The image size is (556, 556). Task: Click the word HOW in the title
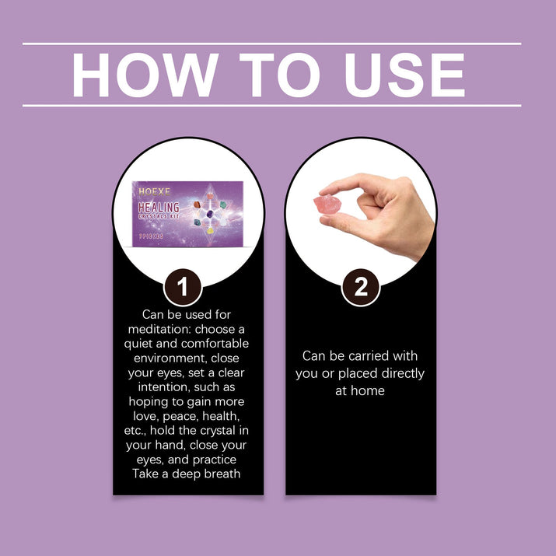[145, 75]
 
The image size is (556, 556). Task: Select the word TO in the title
[280, 75]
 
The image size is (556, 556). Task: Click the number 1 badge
[183, 287]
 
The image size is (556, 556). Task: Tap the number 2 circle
[361, 287]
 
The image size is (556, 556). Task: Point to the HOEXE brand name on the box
[154, 192]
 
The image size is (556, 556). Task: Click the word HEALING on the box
[159, 207]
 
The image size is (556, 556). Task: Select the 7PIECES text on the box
[151, 236]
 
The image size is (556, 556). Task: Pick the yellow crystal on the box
[210, 231]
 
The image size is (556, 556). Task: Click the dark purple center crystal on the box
[210, 214]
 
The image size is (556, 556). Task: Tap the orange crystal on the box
[198, 205]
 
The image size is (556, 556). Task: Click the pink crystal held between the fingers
[327, 205]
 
